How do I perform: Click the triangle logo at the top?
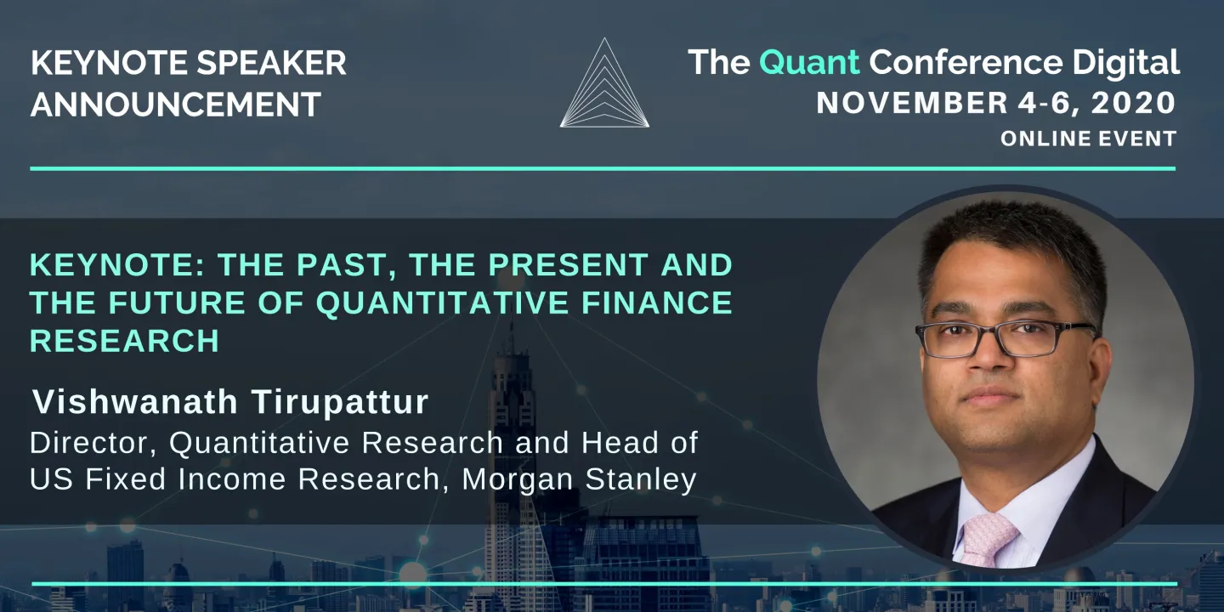pos(604,85)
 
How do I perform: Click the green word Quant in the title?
pos(809,62)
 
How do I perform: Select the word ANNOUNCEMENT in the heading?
pos(176,105)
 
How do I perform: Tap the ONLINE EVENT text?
pos(1088,139)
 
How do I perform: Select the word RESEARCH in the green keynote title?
pos(125,340)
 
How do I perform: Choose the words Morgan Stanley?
pos(579,479)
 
